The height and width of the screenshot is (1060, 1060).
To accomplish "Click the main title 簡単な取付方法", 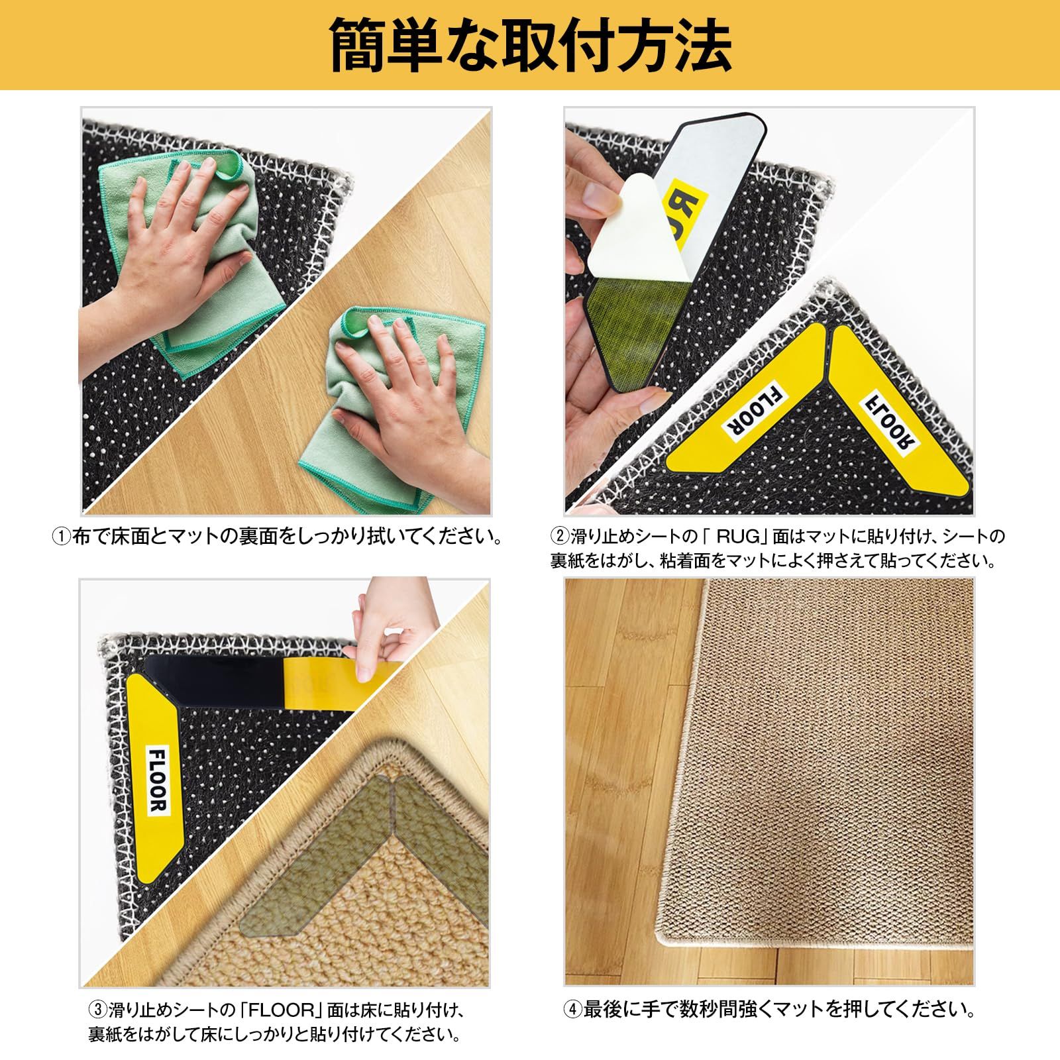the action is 530,44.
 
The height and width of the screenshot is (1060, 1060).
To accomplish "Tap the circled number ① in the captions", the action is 60,535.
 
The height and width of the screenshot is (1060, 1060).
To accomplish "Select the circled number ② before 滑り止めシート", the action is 559,535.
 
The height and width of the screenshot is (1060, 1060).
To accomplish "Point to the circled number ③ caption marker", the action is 97,1010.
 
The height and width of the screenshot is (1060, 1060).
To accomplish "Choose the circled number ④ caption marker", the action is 572,1010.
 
